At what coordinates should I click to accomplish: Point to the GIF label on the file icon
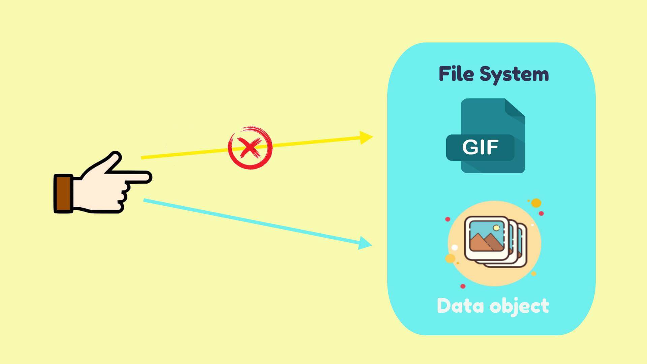click(480, 147)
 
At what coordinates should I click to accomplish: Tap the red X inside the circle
click(249, 148)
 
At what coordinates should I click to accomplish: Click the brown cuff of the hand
click(63, 193)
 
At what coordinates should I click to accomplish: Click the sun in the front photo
click(496, 228)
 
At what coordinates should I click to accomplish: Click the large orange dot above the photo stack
click(536, 203)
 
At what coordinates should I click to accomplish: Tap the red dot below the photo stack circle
click(463, 286)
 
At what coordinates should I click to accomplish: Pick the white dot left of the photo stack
click(455, 248)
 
